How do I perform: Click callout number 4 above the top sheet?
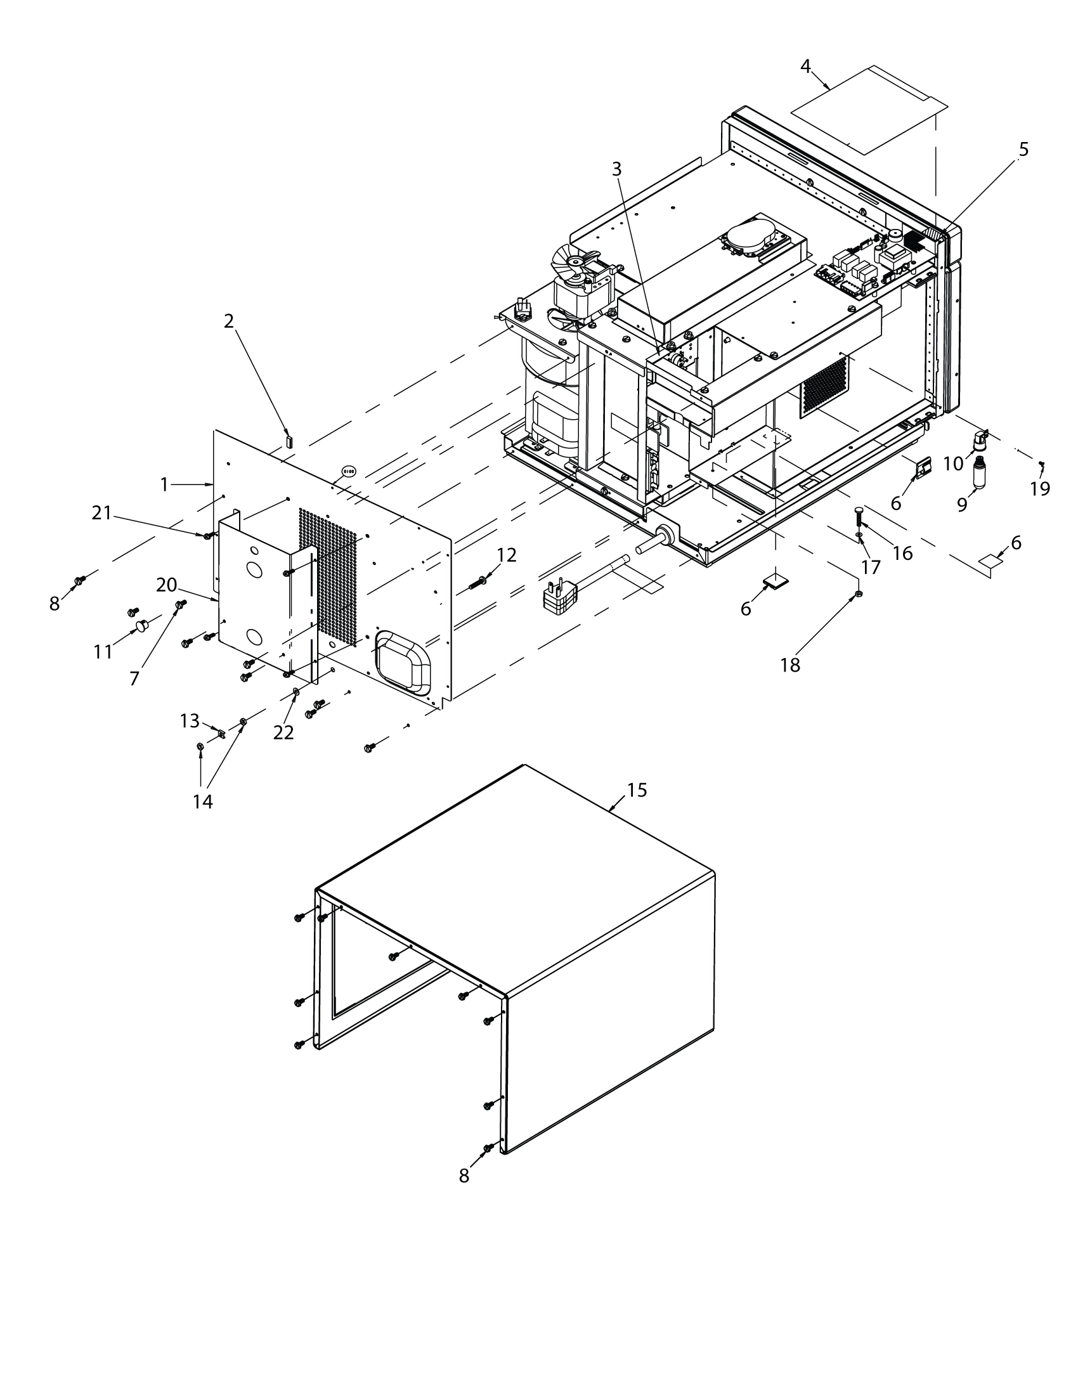(x=805, y=66)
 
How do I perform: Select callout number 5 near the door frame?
(x=1023, y=150)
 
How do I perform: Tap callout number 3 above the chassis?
(x=616, y=169)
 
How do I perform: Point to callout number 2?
(x=229, y=321)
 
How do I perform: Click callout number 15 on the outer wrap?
(x=637, y=790)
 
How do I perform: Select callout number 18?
(x=790, y=665)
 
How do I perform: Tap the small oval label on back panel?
(x=349, y=470)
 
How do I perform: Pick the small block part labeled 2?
(x=288, y=441)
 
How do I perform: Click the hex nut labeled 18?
(x=859, y=595)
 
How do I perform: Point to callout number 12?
(x=507, y=555)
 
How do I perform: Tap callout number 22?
(x=283, y=733)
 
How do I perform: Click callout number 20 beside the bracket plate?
(x=166, y=585)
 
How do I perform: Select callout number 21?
(x=101, y=512)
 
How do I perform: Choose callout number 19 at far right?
(x=1040, y=489)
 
